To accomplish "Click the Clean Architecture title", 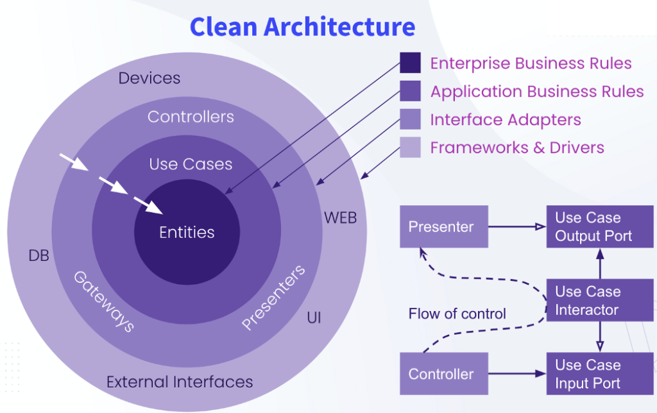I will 302,27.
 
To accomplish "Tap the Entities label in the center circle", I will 187,232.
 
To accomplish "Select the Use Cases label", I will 191,164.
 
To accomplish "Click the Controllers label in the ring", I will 191,117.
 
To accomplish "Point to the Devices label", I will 149,78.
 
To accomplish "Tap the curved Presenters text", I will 274,297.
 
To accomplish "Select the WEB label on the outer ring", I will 340,217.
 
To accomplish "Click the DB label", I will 38,256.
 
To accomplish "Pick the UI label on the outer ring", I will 314,317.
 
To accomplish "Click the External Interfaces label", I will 180,382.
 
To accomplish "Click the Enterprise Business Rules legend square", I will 410,63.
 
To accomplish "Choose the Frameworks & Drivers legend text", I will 517,147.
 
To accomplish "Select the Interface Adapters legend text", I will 506,120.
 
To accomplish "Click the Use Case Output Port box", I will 600,226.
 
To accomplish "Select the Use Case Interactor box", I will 600,300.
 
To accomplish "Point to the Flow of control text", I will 457,314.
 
